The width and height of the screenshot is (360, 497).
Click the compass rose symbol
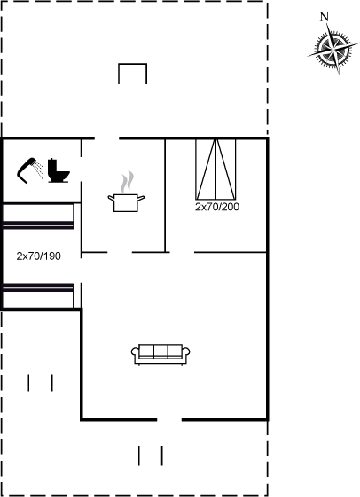(333, 50)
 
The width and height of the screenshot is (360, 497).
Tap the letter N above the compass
(324, 17)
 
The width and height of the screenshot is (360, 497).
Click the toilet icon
(59, 170)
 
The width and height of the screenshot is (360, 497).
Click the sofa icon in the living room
(160, 354)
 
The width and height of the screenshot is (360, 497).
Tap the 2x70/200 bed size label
(217, 207)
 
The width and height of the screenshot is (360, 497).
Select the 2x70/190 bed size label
(39, 256)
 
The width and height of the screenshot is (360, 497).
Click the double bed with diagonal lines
(215, 169)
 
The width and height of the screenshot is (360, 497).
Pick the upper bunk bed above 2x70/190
(38, 216)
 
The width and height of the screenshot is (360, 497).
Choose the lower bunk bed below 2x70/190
(38, 296)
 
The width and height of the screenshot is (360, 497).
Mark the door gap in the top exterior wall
(107, 138)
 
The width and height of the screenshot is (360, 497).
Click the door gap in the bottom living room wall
(169, 419)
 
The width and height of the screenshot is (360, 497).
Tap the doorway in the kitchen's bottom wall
(120, 252)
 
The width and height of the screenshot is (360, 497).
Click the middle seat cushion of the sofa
(160, 351)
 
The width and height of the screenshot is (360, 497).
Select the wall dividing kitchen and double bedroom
(165, 195)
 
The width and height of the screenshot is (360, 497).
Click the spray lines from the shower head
(39, 170)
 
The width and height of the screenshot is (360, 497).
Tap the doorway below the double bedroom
(182, 252)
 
